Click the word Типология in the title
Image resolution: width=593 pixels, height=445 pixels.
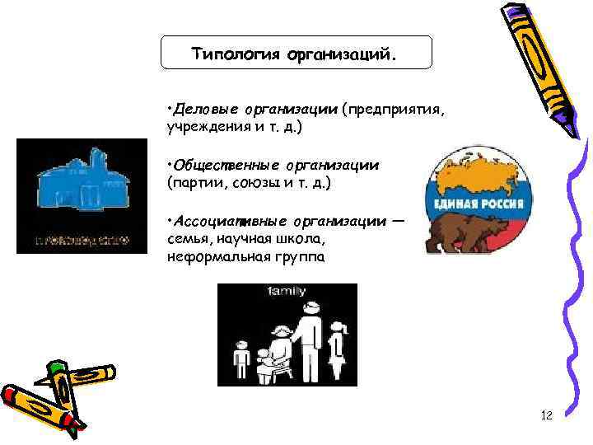(x=236, y=54)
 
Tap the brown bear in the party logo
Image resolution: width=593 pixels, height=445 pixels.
(x=465, y=231)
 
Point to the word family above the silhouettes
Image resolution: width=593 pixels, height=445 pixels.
(x=287, y=291)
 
